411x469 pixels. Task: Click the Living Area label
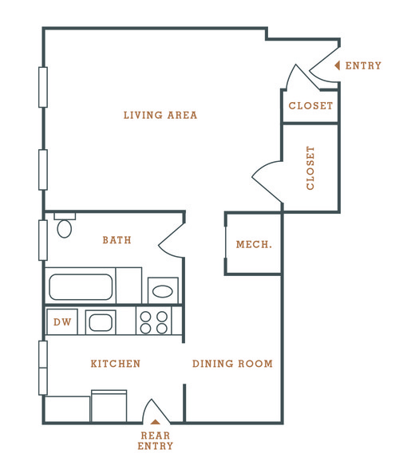pos(160,115)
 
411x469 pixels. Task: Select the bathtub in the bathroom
pos(81,287)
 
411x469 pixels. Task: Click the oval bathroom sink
pos(163,291)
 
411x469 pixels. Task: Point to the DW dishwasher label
pos(62,322)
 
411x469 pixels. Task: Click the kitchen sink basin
pos(101,323)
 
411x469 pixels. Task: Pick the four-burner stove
pos(154,322)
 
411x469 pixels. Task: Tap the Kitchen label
pos(116,364)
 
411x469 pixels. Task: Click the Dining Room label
pos(232,364)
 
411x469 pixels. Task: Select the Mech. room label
pos(254,244)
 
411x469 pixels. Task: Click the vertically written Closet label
pos(310,167)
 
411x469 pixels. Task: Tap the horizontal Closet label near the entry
pos(310,105)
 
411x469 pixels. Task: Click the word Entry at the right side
pos(363,65)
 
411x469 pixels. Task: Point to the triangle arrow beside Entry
pos(338,65)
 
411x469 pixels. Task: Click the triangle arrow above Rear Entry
pos(155,422)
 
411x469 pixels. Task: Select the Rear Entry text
pos(156,440)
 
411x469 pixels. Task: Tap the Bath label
pos(117,240)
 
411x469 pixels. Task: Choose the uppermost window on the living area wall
pos(43,87)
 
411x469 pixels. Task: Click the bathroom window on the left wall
pos(43,240)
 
